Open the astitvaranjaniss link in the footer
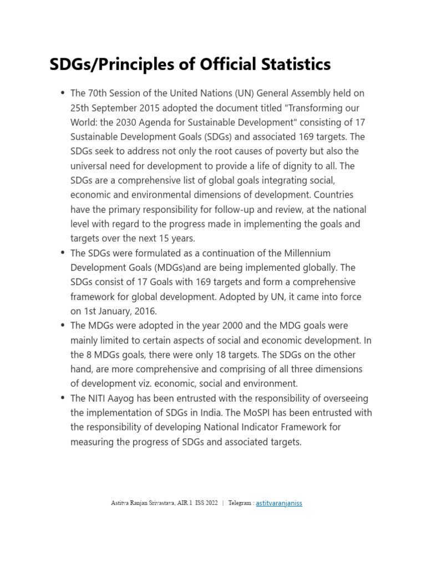[279, 503]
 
